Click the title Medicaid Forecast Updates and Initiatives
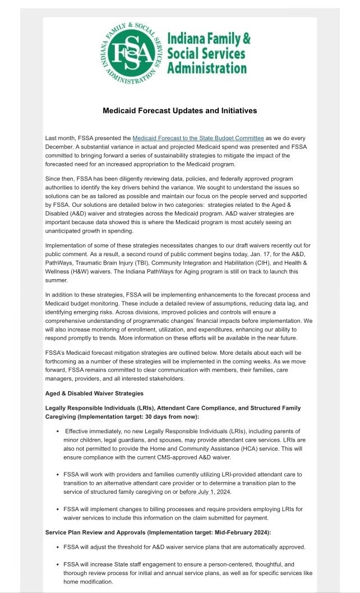point(179,111)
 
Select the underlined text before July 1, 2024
point(205,492)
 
